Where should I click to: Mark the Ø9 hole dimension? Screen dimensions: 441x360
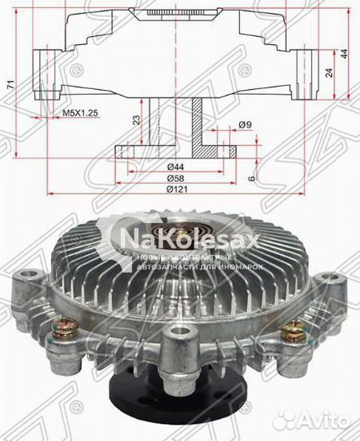[243, 125]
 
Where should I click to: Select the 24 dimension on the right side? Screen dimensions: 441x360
[328, 72]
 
